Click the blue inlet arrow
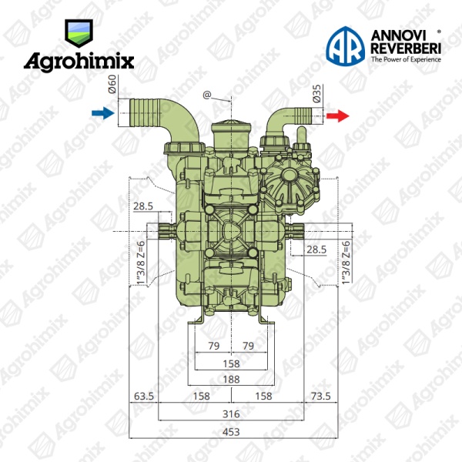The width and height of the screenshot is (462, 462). pyautogui.click(x=103, y=113)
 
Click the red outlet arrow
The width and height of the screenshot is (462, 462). pyautogui.click(x=338, y=115)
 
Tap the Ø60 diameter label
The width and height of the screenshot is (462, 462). pyautogui.click(x=112, y=84)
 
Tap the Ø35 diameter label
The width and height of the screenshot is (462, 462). pyautogui.click(x=316, y=93)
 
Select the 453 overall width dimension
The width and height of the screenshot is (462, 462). pyautogui.click(x=231, y=432)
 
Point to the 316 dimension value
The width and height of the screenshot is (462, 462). pyautogui.click(x=231, y=414)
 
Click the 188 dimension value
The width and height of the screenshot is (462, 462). pyautogui.click(x=231, y=379)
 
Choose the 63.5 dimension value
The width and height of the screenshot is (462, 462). pyautogui.click(x=144, y=396)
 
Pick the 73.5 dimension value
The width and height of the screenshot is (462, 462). pyautogui.click(x=321, y=396)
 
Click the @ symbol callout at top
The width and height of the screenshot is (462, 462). pyautogui.click(x=207, y=95)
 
